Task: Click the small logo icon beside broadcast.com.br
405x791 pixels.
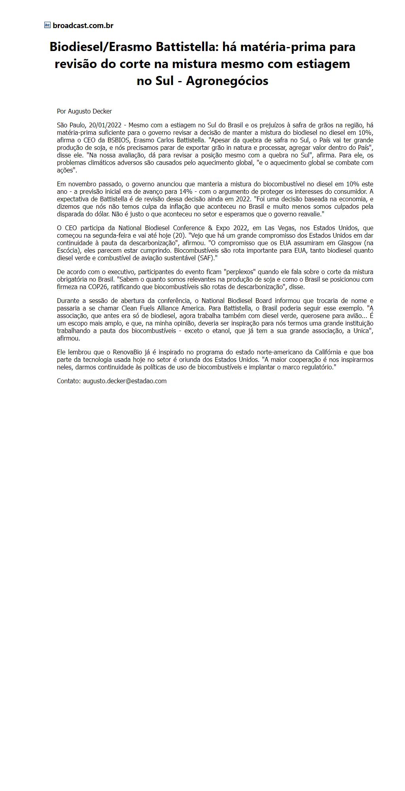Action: pos(47,25)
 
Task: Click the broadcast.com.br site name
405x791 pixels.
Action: pos(83,25)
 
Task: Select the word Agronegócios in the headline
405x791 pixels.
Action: pos(227,81)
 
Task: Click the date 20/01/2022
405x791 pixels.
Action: pos(105,125)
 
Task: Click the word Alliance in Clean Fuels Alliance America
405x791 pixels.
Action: pos(172,308)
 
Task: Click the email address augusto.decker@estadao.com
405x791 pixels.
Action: pos(125,381)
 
